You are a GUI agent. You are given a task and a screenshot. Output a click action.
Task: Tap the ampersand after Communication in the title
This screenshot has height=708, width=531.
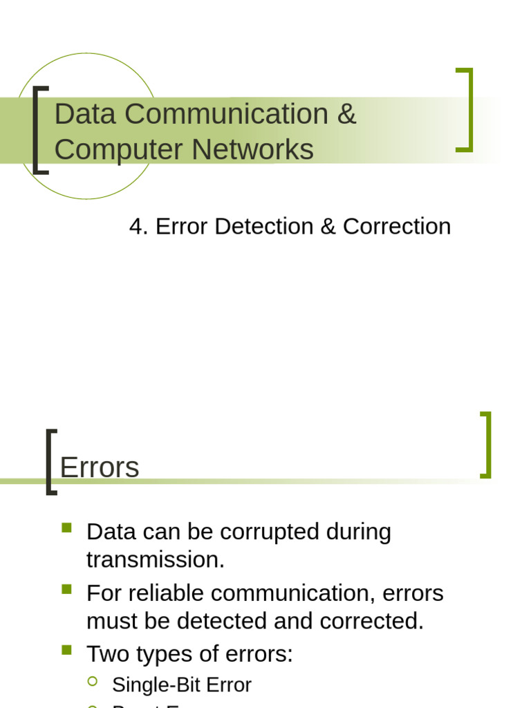pyautogui.click(x=346, y=114)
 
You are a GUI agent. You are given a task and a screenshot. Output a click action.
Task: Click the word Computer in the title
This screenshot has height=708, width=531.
pyautogui.click(x=119, y=149)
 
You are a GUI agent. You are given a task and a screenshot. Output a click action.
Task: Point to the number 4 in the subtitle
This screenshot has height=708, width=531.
pyautogui.click(x=137, y=226)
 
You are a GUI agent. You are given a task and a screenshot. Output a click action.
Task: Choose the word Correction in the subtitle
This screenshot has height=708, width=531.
pyautogui.click(x=397, y=226)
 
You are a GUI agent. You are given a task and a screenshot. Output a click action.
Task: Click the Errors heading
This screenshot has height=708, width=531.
pyautogui.click(x=100, y=467)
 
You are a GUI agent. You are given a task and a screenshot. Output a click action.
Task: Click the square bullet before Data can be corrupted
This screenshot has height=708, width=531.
pyautogui.click(x=66, y=528)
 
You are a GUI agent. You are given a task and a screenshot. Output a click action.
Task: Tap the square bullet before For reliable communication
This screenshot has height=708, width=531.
pyautogui.click(x=66, y=590)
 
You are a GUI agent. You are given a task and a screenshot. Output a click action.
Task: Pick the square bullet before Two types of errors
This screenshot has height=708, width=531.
pyautogui.click(x=66, y=650)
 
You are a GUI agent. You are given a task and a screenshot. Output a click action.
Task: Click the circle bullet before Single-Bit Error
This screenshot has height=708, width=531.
pyautogui.click(x=93, y=682)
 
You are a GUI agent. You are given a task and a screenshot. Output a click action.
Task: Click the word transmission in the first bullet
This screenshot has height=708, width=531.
pyautogui.click(x=155, y=559)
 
